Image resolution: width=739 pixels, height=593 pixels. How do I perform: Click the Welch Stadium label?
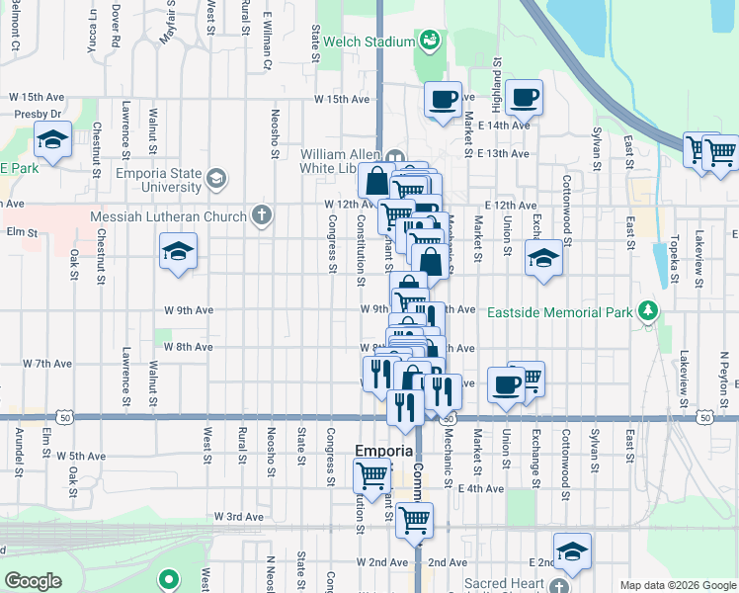(369, 42)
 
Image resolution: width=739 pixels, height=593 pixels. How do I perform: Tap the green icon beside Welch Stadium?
(430, 41)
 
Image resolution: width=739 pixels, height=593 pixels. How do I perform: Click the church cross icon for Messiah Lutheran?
(262, 214)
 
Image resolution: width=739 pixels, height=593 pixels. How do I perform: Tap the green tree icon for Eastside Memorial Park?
(647, 311)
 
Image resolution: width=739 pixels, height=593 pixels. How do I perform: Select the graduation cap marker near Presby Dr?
(51, 139)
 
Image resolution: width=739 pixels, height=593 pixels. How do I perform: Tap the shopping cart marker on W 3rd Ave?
(415, 518)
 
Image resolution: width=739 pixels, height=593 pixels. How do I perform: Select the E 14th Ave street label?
(503, 126)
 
